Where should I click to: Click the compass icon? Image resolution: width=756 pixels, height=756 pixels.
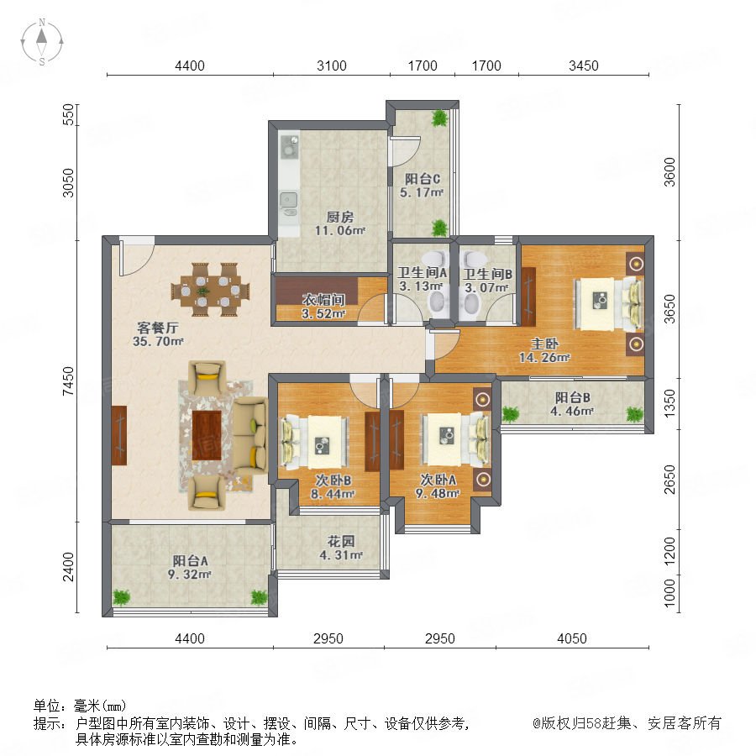click(x=42, y=42)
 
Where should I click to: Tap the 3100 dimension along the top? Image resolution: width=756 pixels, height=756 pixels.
click(x=331, y=66)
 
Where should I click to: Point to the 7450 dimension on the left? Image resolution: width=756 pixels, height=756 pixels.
click(x=69, y=381)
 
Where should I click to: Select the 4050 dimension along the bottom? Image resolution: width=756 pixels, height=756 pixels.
click(x=572, y=639)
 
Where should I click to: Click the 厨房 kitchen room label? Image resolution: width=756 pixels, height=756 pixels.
click(x=340, y=218)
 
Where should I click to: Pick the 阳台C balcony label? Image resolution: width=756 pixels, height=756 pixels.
click(x=422, y=180)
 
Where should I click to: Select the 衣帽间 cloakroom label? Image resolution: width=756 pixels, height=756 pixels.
click(x=323, y=300)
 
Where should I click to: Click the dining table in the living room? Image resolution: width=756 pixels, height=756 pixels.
click(x=210, y=290)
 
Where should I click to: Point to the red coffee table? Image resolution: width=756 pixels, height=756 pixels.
click(x=207, y=435)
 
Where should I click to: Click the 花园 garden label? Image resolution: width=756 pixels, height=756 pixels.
click(x=341, y=542)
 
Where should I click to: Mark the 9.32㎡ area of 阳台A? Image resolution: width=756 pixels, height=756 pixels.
click(x=190, y=575)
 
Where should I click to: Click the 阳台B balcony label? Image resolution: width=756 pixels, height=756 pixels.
click(x=572, y=398)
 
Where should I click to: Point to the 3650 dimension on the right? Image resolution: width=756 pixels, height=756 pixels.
click(x=669, y=309)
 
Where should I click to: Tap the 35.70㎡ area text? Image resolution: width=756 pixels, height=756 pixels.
click(x=158, y=341)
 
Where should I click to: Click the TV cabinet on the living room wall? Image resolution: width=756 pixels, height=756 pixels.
click(x=119, y=435)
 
